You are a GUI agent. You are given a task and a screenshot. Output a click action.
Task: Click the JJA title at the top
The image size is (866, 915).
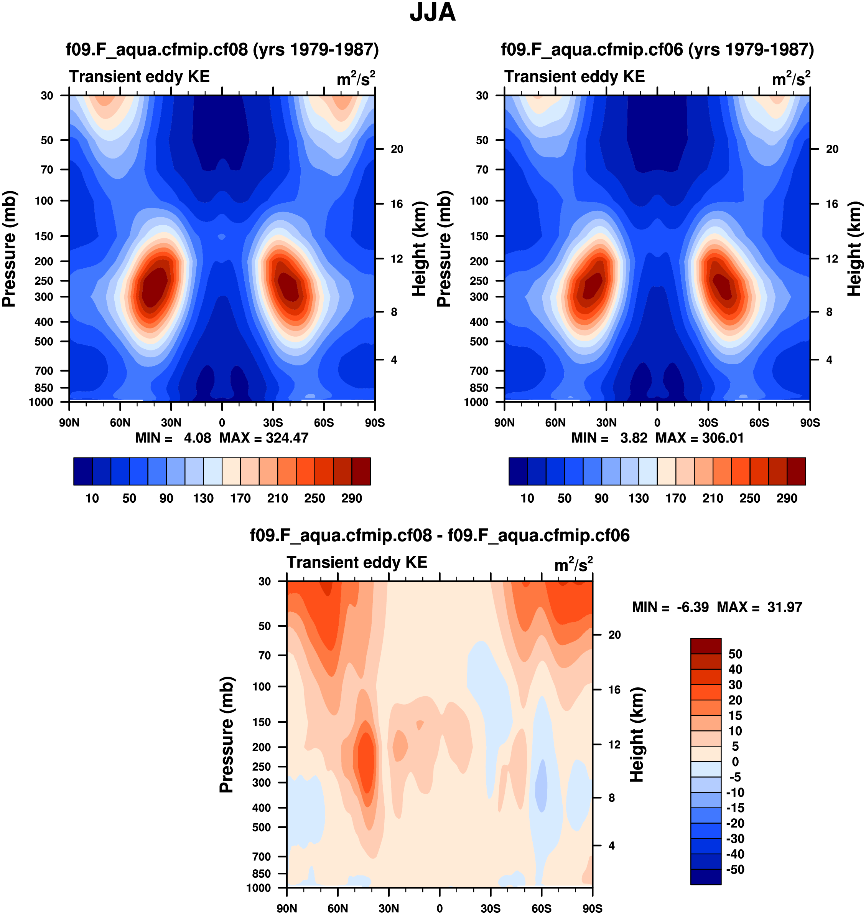(433, 12)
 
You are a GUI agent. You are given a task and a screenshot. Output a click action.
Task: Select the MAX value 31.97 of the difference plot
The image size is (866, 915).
(785, 607)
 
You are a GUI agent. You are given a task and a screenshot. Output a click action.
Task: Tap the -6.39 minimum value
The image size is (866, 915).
(692, 607)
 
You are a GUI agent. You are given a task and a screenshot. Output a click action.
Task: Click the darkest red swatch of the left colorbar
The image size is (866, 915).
(361, 471)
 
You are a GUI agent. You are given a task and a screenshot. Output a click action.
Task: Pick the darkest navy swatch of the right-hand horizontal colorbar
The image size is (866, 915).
(518, 471)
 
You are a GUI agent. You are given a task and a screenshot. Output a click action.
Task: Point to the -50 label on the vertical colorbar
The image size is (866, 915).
(735, 870)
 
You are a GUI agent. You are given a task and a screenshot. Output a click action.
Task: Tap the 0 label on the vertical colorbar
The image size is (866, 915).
(735, 761)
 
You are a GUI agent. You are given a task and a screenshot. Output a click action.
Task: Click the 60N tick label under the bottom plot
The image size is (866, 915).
(338, 908)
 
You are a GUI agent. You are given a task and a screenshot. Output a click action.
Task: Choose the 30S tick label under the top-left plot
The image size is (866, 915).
(273, 423)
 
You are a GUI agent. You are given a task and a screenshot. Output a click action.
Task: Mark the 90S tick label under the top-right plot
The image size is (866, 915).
(810, 423)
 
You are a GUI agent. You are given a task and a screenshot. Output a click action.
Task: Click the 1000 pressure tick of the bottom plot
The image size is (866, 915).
(258, 888)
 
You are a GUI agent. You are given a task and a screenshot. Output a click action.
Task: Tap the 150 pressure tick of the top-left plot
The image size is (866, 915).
(44, 236)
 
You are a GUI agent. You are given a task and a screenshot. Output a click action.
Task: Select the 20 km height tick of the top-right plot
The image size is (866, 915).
(832, 149)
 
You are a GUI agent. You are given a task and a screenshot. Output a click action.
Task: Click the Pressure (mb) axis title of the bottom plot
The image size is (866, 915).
(227, 734)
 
